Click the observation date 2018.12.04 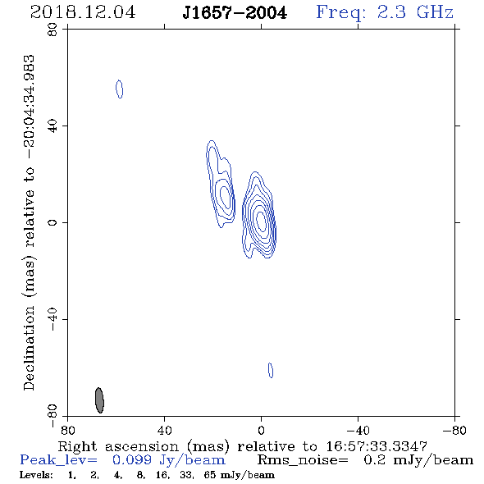(x=83, y=12)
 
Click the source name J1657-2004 (x=235, y=12)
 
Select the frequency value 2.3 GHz (x=415, y=12)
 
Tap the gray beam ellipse (x=99, y=400)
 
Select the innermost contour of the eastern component (x=225, y=198)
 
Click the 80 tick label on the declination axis (x=53, y=30)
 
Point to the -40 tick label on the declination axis (x=53, y=319)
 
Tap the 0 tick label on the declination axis (x=53, y=222)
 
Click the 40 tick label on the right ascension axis (x=164, y=431)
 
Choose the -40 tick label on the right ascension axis (x=358, y=431)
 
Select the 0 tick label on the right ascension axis (x=261, y=431)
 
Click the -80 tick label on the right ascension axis (x=454, y=431)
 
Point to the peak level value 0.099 (x=132, y=460)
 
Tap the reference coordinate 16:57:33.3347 (x=377, y=446)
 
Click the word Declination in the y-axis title (x=29, y=349)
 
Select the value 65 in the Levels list (x=209, y=474)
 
